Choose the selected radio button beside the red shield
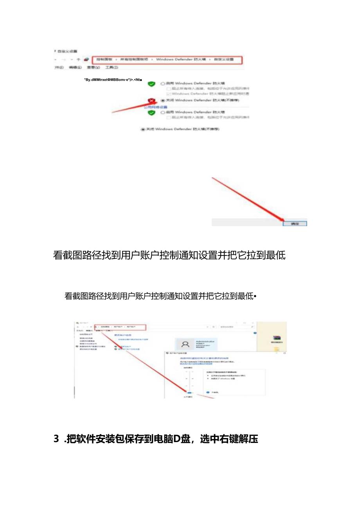click(163, 100)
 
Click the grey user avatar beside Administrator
click(186, 344)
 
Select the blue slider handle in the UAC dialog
click(189, 392)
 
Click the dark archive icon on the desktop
click(277, 337)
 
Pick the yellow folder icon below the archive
click(277, 349)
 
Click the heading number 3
click(56, 439)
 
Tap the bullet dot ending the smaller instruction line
click(255, 297)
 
